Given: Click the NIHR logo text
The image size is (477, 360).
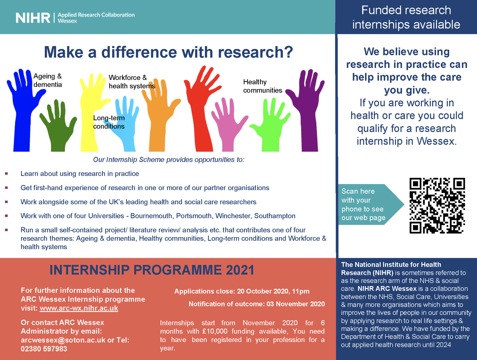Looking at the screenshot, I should tap(33, 18).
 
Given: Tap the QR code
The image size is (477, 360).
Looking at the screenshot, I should tap(437, 206).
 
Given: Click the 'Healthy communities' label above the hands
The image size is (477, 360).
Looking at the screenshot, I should tap(262, 86).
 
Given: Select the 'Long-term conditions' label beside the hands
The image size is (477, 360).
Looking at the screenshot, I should tap(109, 122).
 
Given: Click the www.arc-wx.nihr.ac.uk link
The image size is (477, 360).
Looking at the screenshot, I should tap(79, 308).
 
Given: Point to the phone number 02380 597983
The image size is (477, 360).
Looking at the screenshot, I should tap(44, 349).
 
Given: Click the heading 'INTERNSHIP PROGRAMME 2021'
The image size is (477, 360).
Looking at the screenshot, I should tap(151, 270).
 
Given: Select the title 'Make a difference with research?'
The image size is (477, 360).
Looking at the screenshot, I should tap(168, 52).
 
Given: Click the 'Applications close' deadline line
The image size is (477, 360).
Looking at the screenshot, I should tap(242, 292).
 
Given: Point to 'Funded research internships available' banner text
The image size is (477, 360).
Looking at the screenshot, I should tap(406, 17).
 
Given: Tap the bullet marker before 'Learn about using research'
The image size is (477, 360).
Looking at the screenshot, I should tap(6, 174).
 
